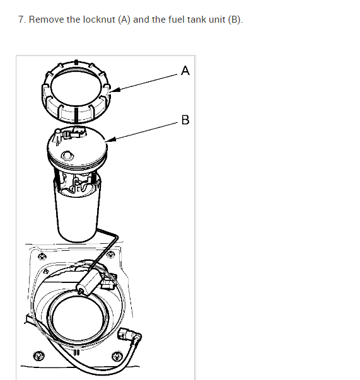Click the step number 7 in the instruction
pyautogui.click(x=22, y=20)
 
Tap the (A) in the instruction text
pyautogui.click(x=124, y=20)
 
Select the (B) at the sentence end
pyautogui.click(x=235, y=20)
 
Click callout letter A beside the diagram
pyautogui.click(x=185, y=71)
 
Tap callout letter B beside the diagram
pyautogui.click(x=185, y=120)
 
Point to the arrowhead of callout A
pyautogui.click(x=114, y=90)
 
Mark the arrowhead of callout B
pyautogui.click(x=110, y=139)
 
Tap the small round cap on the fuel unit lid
pyautogui.click(x=67, y=156)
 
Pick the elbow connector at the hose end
pyautogui.click(x=129, y=336)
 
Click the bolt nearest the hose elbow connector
pyautogui.click(x=117, y=357)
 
